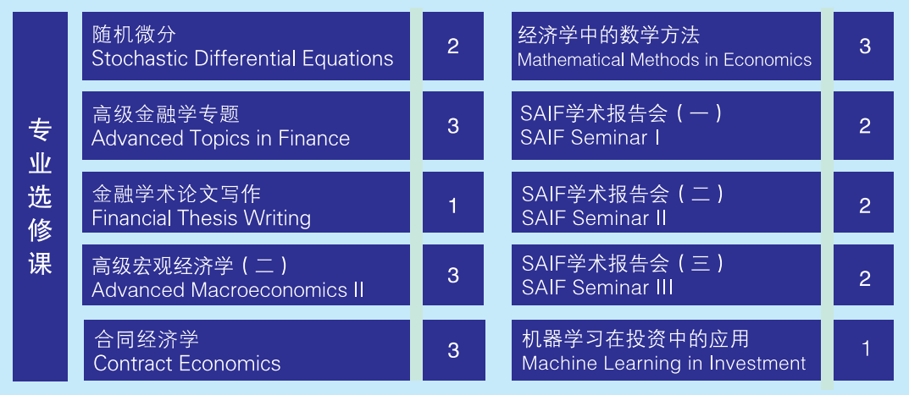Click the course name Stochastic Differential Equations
pyautogui.click(x=242, y=58)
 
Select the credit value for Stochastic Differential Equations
pyautogui.click(x=452, y=47)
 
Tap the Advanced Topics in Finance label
pyautogui.click(x=220, y=139)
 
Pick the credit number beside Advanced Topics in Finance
pyautogui.click(x=452, y=126)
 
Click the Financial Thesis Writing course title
pyautogui.click(x=201, y=218)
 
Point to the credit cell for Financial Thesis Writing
pyautogui.click(x=452, y=206)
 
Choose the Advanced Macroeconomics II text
pyautogui.click(x=228, y=289)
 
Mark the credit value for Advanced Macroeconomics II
pyautogui.click(x=452, y=275)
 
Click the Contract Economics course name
pyautogui.click(x=186, y=364)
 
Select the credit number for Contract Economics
pyautogui.click(x=453, y=350)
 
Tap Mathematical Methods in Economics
pyautogui.click(x=664, y=60)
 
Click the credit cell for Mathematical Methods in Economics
pyautogui.click(x=864, y=47)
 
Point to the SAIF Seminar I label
pyautogui.click(x=590, y=138)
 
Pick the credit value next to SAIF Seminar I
pyautogui.click(x=864, y=126)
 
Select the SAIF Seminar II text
pyautogui.click(x=594, y=218)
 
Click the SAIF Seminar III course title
pyautogui.click(x=597, y=288)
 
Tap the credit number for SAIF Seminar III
pyautogui.click(x=864, y=278)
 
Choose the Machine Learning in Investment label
pyautogui.click(x=664, y=363)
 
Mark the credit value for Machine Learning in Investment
pyautogui.click(x=866, y=349)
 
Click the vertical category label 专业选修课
pyautogui.click(x=40, y=197)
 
